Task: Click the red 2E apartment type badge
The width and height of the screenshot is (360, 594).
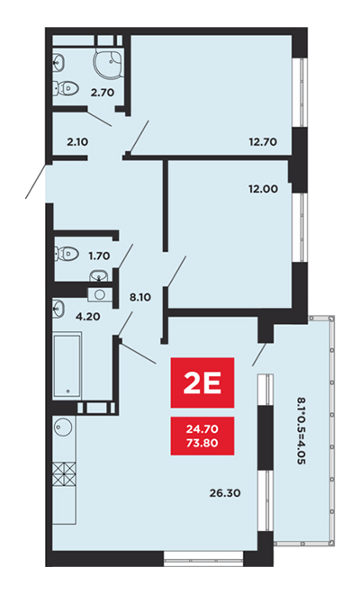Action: tap(202, 382)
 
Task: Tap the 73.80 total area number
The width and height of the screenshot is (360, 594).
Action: tap(202, 443)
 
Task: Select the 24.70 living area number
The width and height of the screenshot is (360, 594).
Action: tap(202, 428)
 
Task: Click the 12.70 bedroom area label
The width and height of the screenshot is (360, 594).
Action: tap(263, 142)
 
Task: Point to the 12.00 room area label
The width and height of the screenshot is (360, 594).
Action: tap(263, 189)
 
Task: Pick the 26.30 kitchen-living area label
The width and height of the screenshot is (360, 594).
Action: tap(225, 493)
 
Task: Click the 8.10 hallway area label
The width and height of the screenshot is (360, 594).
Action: tap(140, 297)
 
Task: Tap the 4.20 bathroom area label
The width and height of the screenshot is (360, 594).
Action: tap(88, 316)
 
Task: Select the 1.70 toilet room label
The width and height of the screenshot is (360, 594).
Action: tap(99, 256)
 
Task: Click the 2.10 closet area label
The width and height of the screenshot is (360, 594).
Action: tap(77, 142)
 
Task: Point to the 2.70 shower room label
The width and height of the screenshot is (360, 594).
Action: tap(103, 92)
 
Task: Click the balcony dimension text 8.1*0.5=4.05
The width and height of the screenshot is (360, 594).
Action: tap(301, 431)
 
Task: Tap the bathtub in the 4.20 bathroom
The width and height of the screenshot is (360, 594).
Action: tap(67, 364)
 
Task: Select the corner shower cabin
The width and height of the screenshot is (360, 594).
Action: tap(108, 62)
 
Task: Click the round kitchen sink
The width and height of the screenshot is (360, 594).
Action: tap(62, 427)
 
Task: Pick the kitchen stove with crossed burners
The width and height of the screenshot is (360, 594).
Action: tap(64, 474)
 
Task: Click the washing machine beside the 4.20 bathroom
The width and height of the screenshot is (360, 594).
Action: tap(100, 294)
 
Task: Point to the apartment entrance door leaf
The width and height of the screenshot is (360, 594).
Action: tap(37, 181)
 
